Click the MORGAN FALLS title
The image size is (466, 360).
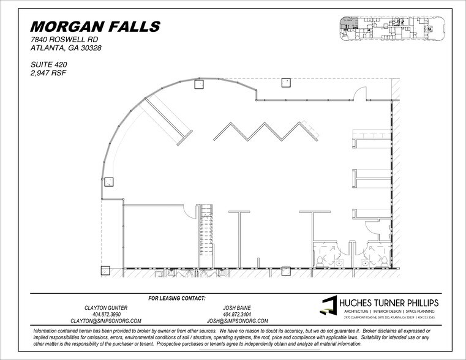point(95,27)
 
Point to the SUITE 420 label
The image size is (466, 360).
point(48,64)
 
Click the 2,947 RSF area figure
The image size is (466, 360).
point(48,72)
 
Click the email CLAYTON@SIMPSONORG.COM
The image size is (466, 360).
point(106,320)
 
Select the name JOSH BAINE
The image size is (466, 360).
point(238,307)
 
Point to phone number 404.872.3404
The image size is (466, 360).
point(238,313)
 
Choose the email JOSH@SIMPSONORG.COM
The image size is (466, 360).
point(238,320)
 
